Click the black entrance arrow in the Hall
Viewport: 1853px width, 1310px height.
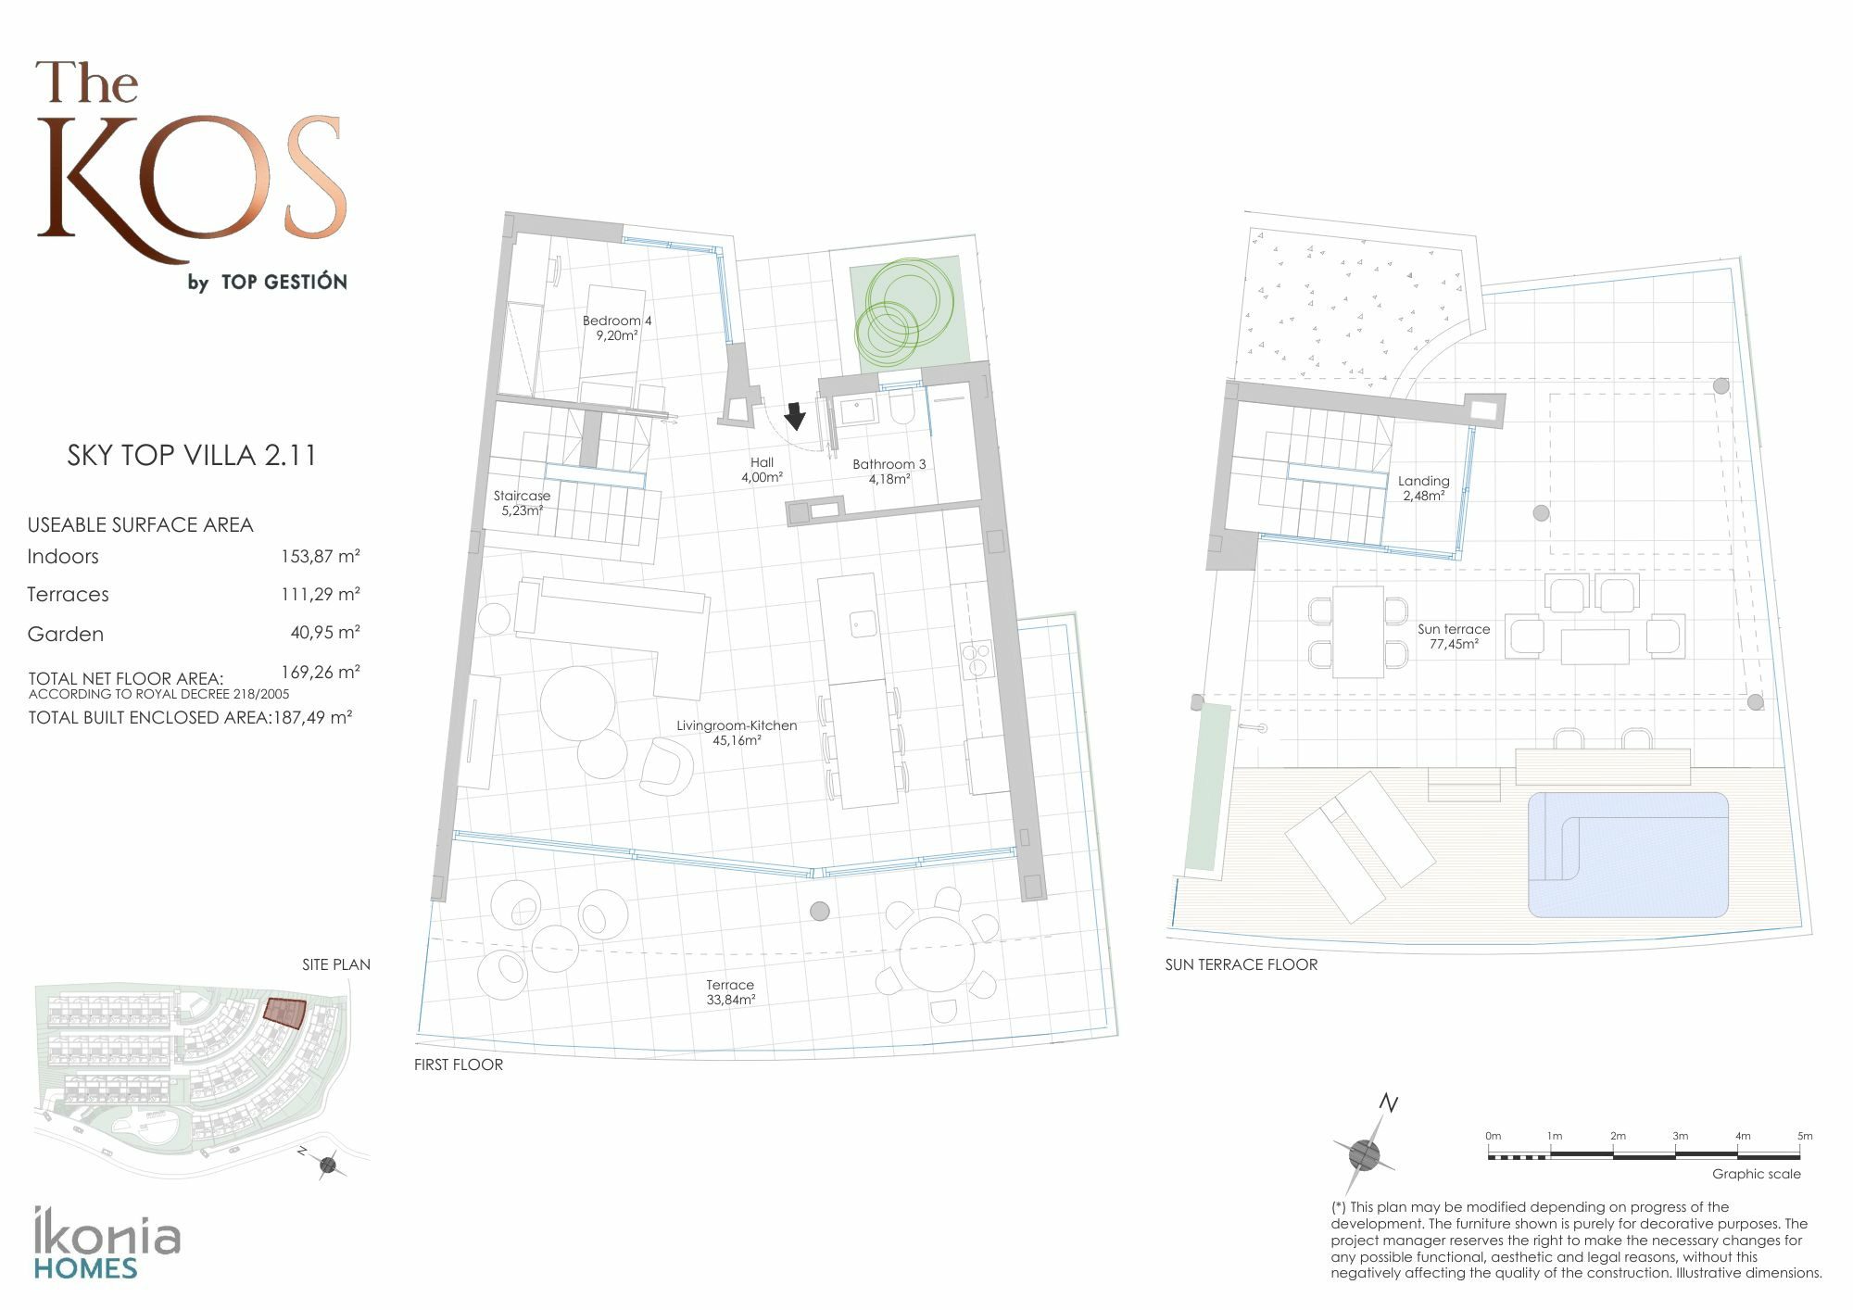pyautogui.click(x=795, y=417)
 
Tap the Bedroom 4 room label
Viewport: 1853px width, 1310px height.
pyautogui.click(x=617, y=328)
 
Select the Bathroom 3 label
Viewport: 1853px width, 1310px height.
pyautogui.click(x=889, y=472)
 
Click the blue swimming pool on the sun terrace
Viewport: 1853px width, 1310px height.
pyautogui.click(x=1628, y=854)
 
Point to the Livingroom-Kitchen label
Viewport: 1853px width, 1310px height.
pyautogui.click(x=737, y=733)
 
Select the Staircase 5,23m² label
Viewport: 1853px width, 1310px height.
pyautogui.click(x=522, y=503)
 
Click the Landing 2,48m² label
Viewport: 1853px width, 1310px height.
pyautogui.click(x=1424, y=488)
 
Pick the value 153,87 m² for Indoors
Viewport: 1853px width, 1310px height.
pyautogui.click(x=321, y=556)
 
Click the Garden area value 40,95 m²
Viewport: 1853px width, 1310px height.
pyautogui.click(x=325, y=633)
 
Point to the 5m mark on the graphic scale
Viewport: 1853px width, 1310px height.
pyautogui.click(x=1804, y=1136)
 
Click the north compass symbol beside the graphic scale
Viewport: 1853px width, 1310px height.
pyautogui.click(x=1366, y=1149)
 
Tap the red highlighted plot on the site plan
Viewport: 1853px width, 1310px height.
pyautogui.click(x=284, y=1012)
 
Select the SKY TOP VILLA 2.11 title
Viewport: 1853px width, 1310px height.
pyautogui.click(x=192, y=455)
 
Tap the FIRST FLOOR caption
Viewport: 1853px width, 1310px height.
pyautogui.click(x=459, y=1065)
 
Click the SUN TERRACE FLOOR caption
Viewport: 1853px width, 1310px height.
pyautogui.click(x=1242, y=964)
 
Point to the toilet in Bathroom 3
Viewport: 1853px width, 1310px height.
pyautogui.click(x=902, y=408)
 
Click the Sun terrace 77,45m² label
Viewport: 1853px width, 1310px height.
pyautogui.click(x=1454, y=636)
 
